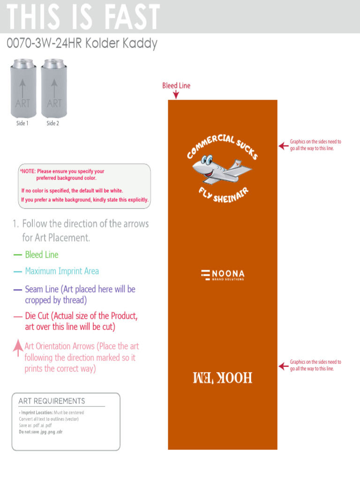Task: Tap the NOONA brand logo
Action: tap(223, 275)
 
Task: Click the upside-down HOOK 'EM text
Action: tap(223, 377)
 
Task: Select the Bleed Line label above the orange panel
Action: tap(176, 85)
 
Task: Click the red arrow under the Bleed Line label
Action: tap(176, 95)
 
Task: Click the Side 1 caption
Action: tap(22, 123)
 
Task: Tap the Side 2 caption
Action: tap(52, 123)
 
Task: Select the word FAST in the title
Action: tap(133, 18)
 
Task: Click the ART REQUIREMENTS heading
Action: tap(52, 401)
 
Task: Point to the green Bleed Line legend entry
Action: tap(41, 255)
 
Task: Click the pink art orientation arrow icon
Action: tap(18, 347)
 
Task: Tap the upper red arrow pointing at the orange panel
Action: tap(284, 146)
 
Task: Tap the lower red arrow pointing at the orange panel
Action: tap(284, 366)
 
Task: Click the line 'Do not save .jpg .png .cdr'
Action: tap(40, 432)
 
